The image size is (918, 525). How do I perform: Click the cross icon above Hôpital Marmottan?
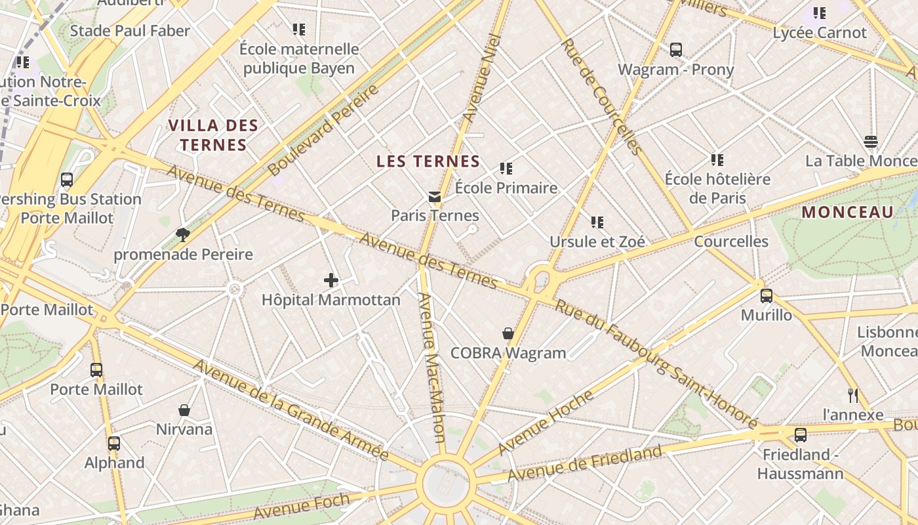331,281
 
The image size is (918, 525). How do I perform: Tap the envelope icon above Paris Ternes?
435,196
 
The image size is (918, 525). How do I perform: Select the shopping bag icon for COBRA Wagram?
508,333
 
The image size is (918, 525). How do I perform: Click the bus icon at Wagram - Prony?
675,50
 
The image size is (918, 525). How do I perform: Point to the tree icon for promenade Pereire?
183,235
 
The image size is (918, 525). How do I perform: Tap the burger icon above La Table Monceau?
871,142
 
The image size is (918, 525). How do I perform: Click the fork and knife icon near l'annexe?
852,395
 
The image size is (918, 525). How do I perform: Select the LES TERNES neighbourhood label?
428,161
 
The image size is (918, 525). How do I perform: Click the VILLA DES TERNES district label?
213,135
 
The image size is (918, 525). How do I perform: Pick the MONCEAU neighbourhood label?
847,212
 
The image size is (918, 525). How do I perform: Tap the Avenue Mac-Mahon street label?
431,367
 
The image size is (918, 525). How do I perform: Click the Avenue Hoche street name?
546,422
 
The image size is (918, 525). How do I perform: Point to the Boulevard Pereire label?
324,130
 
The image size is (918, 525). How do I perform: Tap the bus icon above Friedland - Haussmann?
800,434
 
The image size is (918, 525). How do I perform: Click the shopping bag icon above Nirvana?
184,410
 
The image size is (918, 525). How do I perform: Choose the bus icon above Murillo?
766,295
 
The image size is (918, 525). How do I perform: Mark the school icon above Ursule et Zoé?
597,222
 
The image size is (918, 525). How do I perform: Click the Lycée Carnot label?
820,33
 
